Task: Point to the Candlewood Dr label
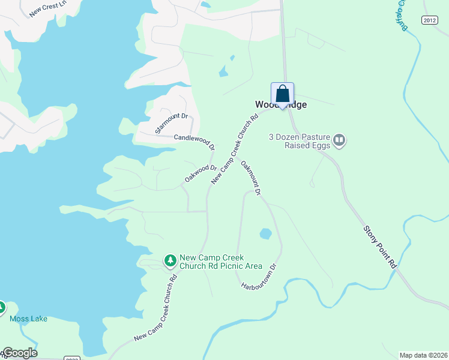coord(194,142)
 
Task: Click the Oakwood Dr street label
coord(200,174)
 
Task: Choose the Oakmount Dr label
coord(251,178)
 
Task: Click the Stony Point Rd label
coord(380,247)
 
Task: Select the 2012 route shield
coord(429,20)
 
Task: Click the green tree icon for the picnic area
coord(171,260)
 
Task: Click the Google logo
coord(19,353)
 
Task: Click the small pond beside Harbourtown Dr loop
coord(265,233)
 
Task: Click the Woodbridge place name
coord(281,105)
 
